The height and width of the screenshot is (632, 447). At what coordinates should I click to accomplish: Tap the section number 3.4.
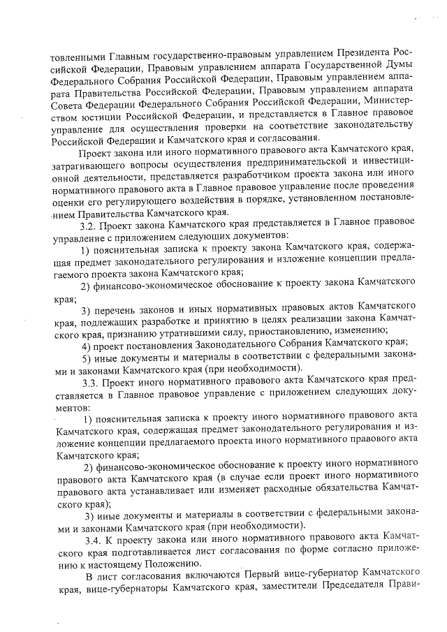[92, 538]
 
